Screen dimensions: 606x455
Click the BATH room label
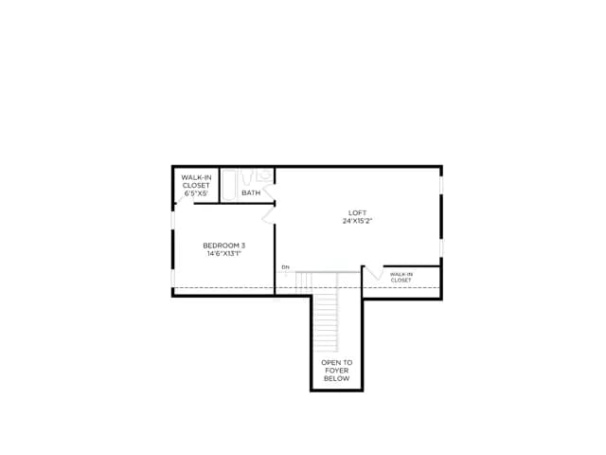point(251,192)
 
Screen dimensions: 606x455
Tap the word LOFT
point(358,212)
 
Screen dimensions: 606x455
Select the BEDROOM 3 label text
point(224,246)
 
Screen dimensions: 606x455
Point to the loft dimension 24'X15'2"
point(358,221)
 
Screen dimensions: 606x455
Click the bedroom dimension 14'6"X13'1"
point(224,253)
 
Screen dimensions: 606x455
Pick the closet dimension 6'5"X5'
point(196,193)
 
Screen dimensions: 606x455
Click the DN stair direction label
point(285,267)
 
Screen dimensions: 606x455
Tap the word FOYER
point(337,371)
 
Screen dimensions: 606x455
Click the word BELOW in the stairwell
point(337,378)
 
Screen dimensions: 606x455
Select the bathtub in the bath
point(229,185)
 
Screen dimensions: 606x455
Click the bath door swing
point(269,192)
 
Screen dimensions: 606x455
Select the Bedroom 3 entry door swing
point(268,216)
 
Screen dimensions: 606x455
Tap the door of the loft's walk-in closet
point(374,272)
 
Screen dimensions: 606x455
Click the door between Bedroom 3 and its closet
point(185,199)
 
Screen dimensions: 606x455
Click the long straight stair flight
point(326,322)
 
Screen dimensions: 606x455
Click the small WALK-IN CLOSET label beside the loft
point(401,277)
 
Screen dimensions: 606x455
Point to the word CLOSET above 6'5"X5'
point(196,186)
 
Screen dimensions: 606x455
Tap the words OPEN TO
point(337,362)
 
